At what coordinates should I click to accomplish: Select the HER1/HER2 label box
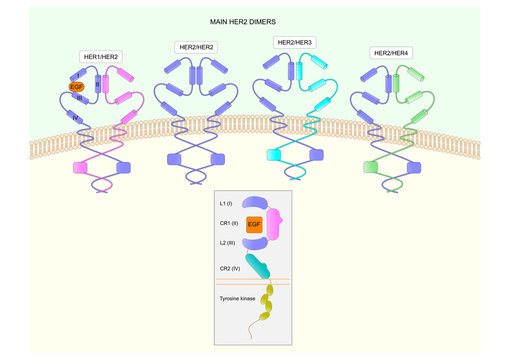(100, 56)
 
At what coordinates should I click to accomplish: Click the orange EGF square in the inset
(254, 224)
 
